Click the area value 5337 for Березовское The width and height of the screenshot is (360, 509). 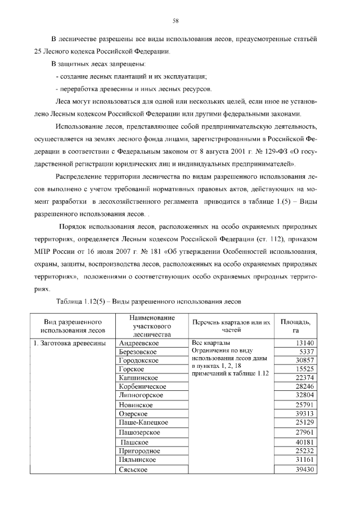[x=307, y=352]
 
